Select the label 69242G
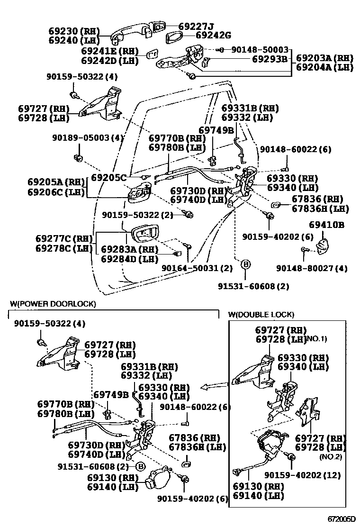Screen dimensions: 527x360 213,35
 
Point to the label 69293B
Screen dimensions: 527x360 270,59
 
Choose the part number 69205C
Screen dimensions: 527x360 109,178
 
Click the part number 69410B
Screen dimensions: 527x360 326,225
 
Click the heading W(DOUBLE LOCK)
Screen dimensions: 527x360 261,315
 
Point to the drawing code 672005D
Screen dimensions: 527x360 341,519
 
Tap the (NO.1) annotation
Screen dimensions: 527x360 317,339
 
